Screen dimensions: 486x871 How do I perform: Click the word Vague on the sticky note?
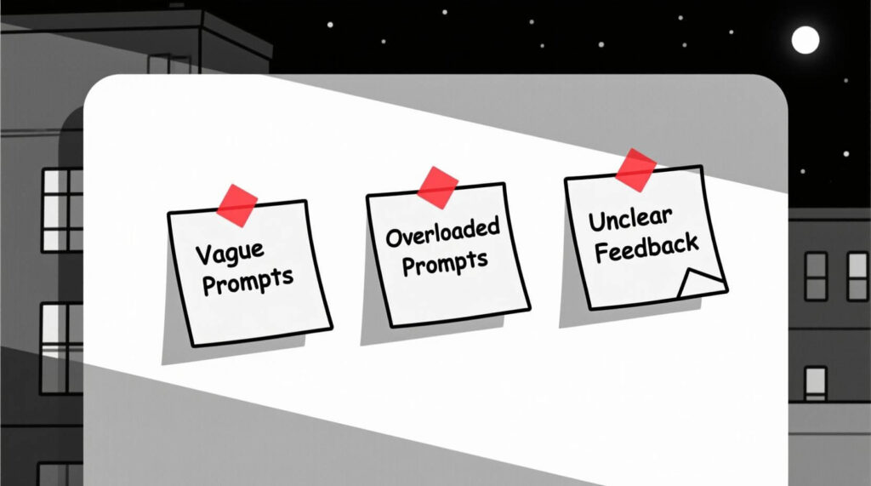point(230,253)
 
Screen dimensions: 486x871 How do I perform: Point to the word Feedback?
point(647,247)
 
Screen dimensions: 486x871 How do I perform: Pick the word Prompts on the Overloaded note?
point(446,262)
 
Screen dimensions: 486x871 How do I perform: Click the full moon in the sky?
point(805,39)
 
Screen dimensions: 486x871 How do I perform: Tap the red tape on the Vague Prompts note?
point(237,204)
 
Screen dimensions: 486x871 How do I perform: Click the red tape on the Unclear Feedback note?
point(635,169)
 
